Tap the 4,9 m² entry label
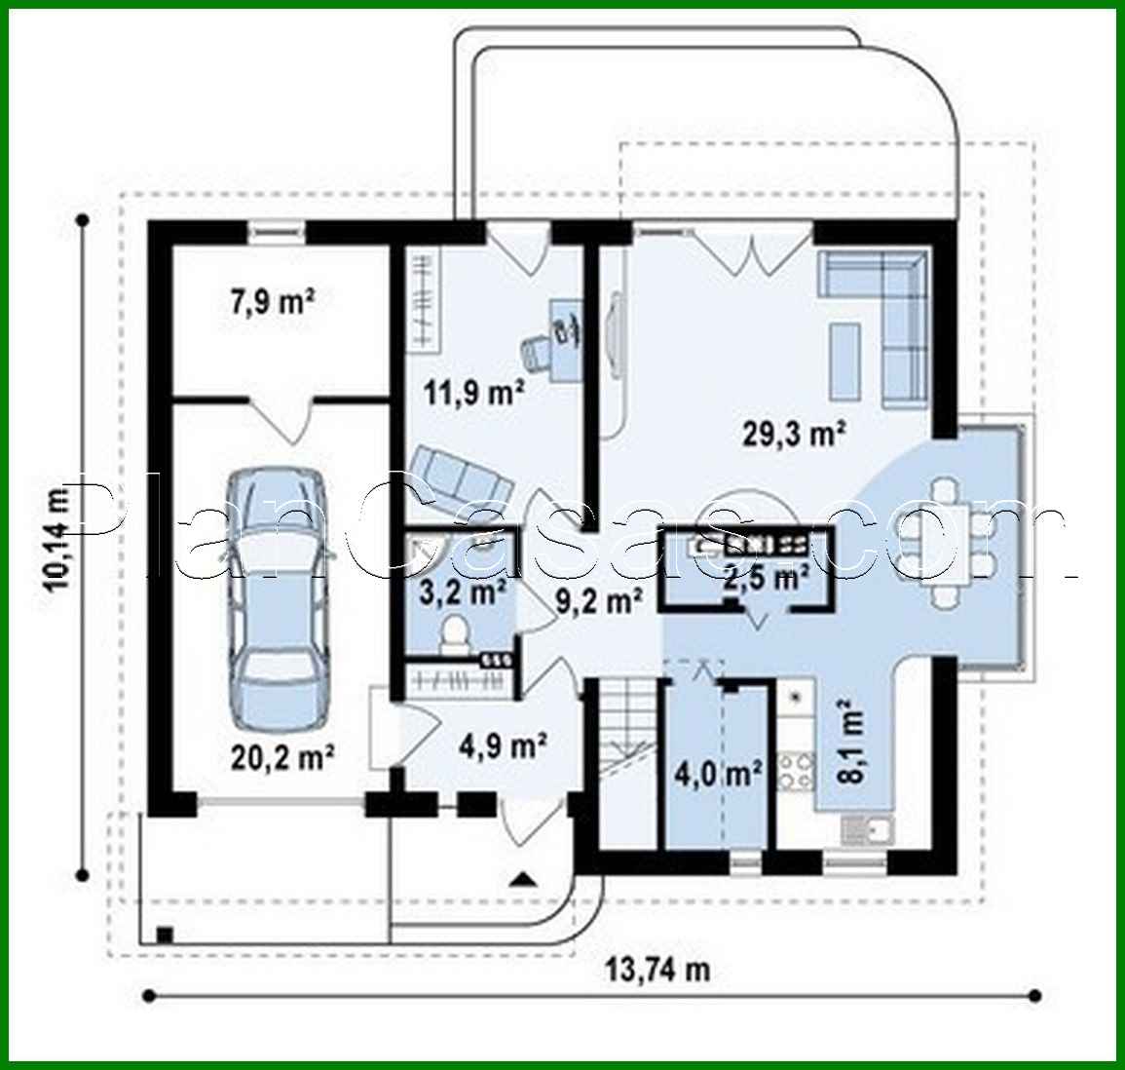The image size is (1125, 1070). (502, 747)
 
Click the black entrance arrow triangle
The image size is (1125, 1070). (523, 880)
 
